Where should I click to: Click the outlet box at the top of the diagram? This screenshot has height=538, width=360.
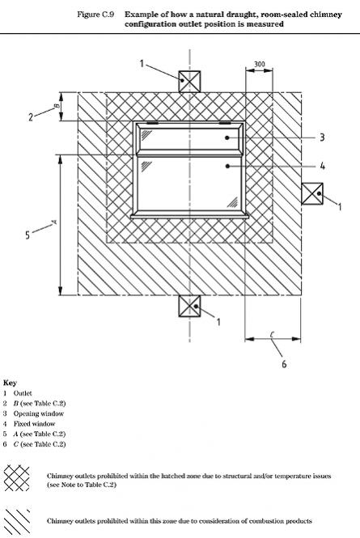coord(189,82)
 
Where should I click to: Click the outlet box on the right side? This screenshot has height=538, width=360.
coord(312,194)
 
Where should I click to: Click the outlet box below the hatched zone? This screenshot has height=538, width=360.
coord(189,306)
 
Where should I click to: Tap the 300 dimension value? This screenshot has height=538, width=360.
coord(260,64)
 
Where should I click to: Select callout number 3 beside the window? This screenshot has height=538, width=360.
coord(322,138)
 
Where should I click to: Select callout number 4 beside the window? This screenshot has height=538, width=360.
coord(322,166)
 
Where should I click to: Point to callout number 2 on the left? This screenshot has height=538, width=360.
coord(31,117)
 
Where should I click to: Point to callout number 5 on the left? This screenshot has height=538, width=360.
coord(28,235)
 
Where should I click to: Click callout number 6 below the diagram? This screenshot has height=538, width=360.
coord(284,364)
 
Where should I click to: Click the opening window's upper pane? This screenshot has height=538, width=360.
coord(189,139)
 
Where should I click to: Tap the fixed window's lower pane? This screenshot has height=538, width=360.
coord(189,184)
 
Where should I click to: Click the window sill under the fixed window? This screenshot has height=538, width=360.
coord(189,216)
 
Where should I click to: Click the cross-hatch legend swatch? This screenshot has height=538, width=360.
coord(16,478)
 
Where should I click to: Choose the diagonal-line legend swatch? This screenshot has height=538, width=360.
coord(17,521)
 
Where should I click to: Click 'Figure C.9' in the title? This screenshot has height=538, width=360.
coord(95,15)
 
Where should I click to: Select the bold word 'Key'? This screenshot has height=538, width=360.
coord(10,383)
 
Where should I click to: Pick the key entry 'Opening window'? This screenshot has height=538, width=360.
coord(39,413)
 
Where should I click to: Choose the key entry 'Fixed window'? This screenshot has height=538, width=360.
coord(34,424)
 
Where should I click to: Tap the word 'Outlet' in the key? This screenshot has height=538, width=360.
coord(23,393)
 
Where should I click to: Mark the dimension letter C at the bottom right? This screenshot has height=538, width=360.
coord(272,334)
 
